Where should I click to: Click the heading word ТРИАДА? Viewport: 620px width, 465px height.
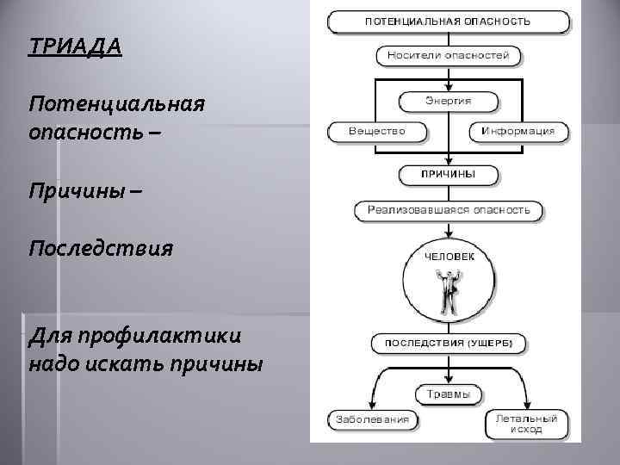click(x=75, y=45)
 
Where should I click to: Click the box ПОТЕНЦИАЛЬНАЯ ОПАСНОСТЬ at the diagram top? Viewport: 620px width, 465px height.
click(x=448, y=22)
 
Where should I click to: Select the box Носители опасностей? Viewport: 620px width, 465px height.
click(x=449, y=57)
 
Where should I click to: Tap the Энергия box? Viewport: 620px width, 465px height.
click(x=448, y=101)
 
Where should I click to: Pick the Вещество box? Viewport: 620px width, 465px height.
click(x=376, y=132)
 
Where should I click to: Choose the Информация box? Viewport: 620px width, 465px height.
click(x=518, y=132)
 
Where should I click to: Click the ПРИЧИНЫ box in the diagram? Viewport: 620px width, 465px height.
click(x=448, y=174)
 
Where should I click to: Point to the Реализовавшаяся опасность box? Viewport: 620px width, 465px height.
click(x=449, y=209)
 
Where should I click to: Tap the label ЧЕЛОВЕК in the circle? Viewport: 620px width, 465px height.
click(x=448, y=256)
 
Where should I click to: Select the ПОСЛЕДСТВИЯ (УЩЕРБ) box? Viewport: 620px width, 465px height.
click(x=448, y=343)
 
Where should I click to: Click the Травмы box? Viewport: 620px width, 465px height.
click(x=449, y=394)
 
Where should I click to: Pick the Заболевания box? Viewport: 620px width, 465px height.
click(x=372, y=421)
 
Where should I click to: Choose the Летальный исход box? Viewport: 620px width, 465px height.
click(x=525, y=423)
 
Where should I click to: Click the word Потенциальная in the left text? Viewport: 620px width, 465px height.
click(x=116, y=105)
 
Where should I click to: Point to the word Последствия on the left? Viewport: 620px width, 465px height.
click(x=100, y=249)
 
